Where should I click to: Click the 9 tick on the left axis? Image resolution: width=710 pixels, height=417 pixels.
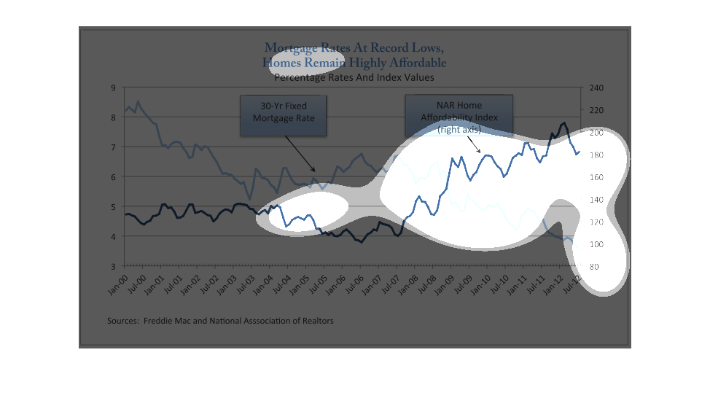click(113, 87)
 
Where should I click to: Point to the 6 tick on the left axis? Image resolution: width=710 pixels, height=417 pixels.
click(113, 177)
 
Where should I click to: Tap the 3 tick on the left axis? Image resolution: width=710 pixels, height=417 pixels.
click(113, 267)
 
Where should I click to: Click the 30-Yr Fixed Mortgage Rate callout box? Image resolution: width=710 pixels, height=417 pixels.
click(283, 116)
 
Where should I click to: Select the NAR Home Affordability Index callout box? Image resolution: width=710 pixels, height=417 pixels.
click(459, 116)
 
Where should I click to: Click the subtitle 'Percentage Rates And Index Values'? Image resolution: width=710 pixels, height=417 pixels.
click(354, 77)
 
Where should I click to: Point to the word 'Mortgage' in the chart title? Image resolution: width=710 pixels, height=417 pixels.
click(290, 49)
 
